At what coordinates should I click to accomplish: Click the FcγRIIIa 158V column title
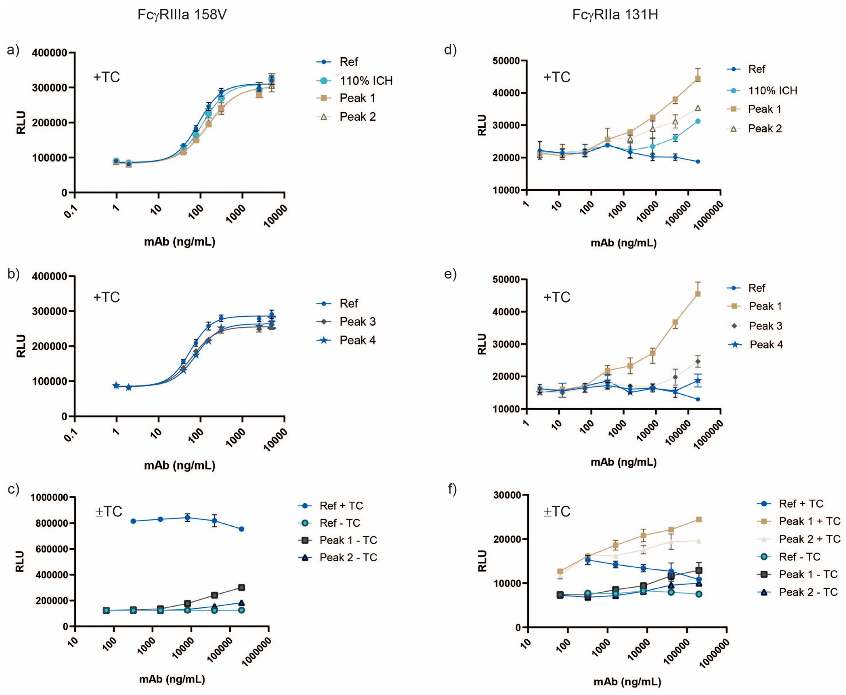[182, 15]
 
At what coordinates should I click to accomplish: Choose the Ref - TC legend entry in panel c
[340, 523]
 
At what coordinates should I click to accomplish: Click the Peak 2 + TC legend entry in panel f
[809, 539]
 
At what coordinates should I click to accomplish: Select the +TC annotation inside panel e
[556, 297]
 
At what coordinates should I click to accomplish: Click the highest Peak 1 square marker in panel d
[698, 79]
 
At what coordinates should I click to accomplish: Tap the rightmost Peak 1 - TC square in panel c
[241, 587]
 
